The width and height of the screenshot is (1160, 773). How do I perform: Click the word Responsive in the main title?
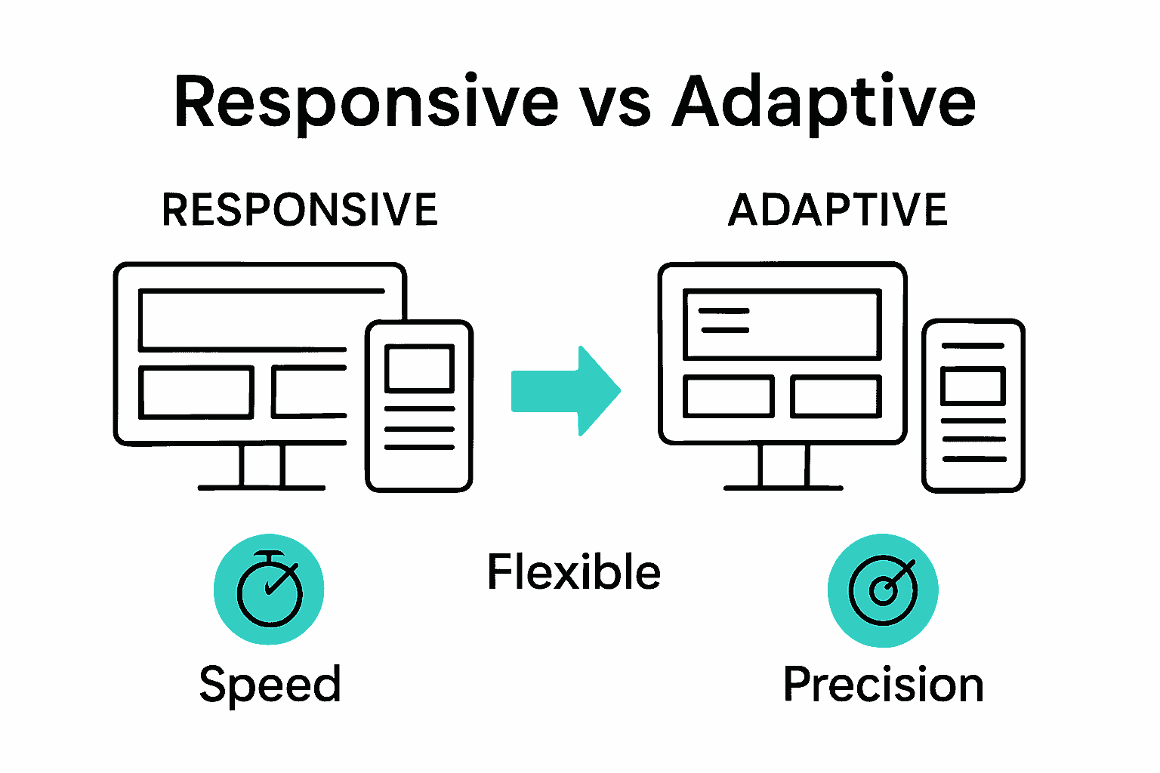point(366,103)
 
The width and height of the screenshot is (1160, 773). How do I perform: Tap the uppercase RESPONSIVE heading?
point(300,210)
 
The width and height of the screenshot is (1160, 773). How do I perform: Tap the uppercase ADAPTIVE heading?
point(838,210)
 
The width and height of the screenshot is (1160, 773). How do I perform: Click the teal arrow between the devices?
point(566,391)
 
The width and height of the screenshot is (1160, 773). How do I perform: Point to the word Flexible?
point(574,571)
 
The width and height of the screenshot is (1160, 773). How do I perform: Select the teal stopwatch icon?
point(269,590)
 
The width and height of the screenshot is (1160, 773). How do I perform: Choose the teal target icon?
point(883,590)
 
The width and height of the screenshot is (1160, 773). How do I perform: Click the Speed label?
point(270,685)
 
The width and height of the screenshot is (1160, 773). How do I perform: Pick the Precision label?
point(883,685)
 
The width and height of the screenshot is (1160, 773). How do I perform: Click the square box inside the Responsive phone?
point(419,368)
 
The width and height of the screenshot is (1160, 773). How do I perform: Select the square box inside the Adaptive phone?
point(973,386)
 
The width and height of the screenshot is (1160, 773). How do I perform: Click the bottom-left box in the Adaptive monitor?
point(729,396)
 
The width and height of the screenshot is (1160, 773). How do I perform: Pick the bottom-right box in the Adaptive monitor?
point(836,396)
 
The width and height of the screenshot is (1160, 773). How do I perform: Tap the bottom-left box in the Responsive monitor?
point(196,392)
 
